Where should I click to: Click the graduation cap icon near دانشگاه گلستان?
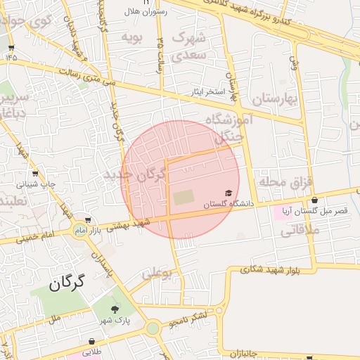(228, 193)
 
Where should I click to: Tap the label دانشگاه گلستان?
(228, 204)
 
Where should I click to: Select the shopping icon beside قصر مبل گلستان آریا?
(314, 200)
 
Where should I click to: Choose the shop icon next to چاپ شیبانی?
(35, 173)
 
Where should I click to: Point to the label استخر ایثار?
(208, 92)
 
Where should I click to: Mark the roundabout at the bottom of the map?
(153, 328)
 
